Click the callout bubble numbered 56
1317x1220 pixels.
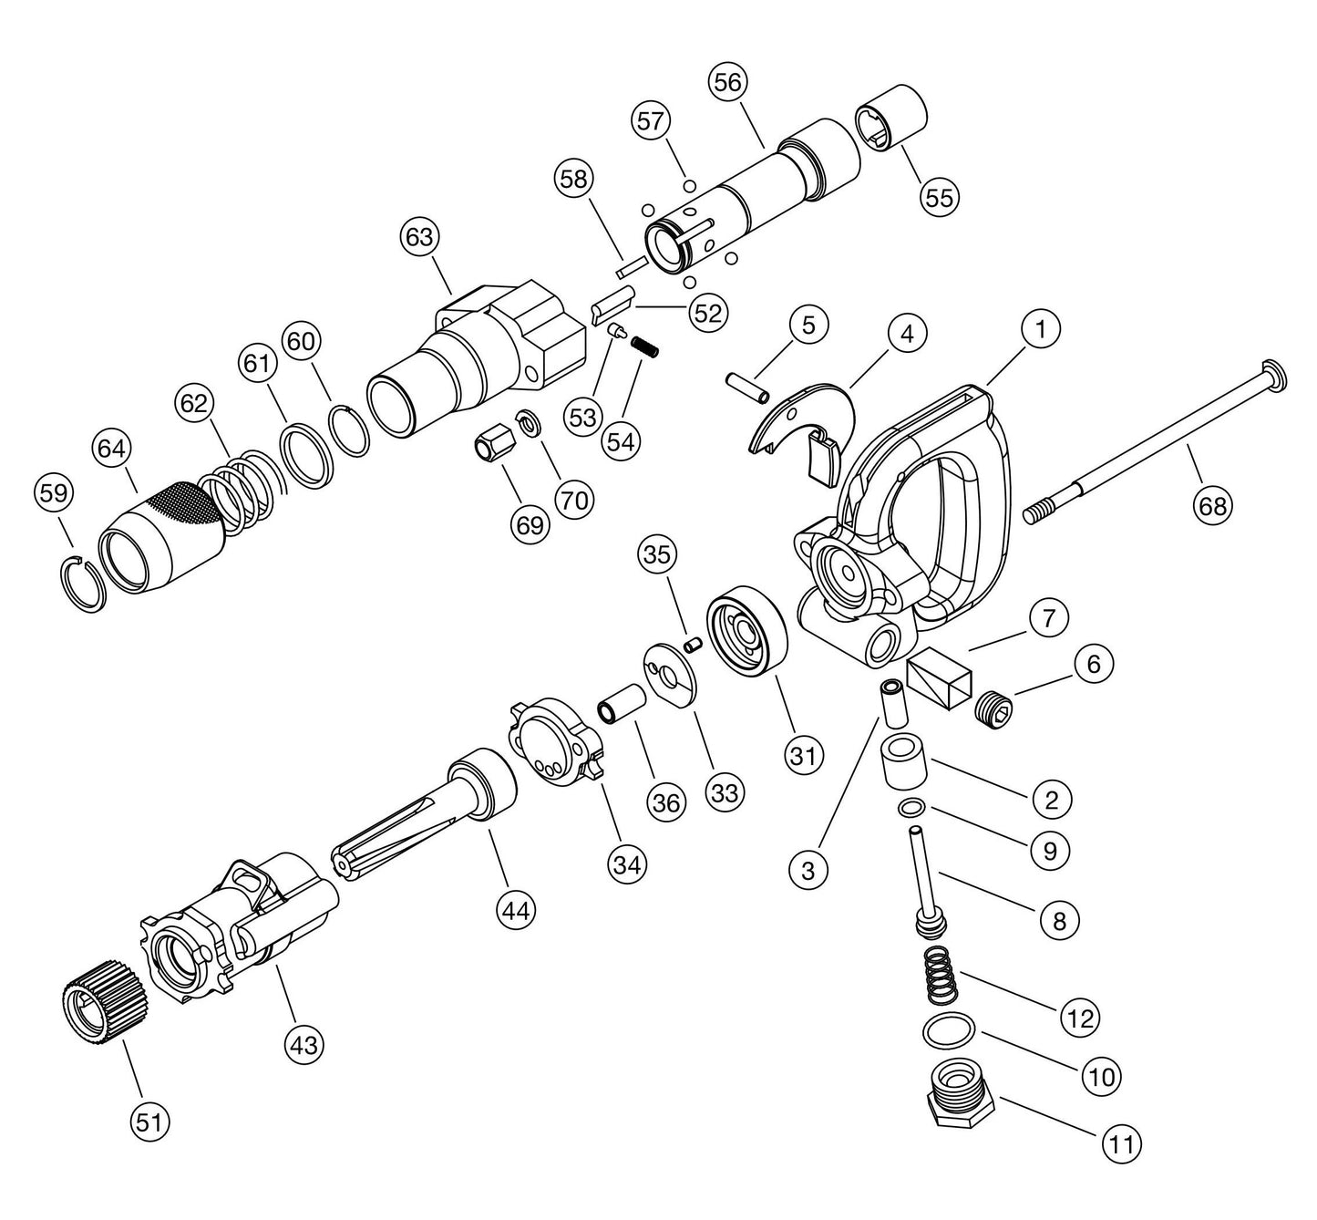(727, 82)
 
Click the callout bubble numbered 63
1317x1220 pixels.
(419, 238)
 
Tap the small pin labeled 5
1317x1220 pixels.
(748, 385)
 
